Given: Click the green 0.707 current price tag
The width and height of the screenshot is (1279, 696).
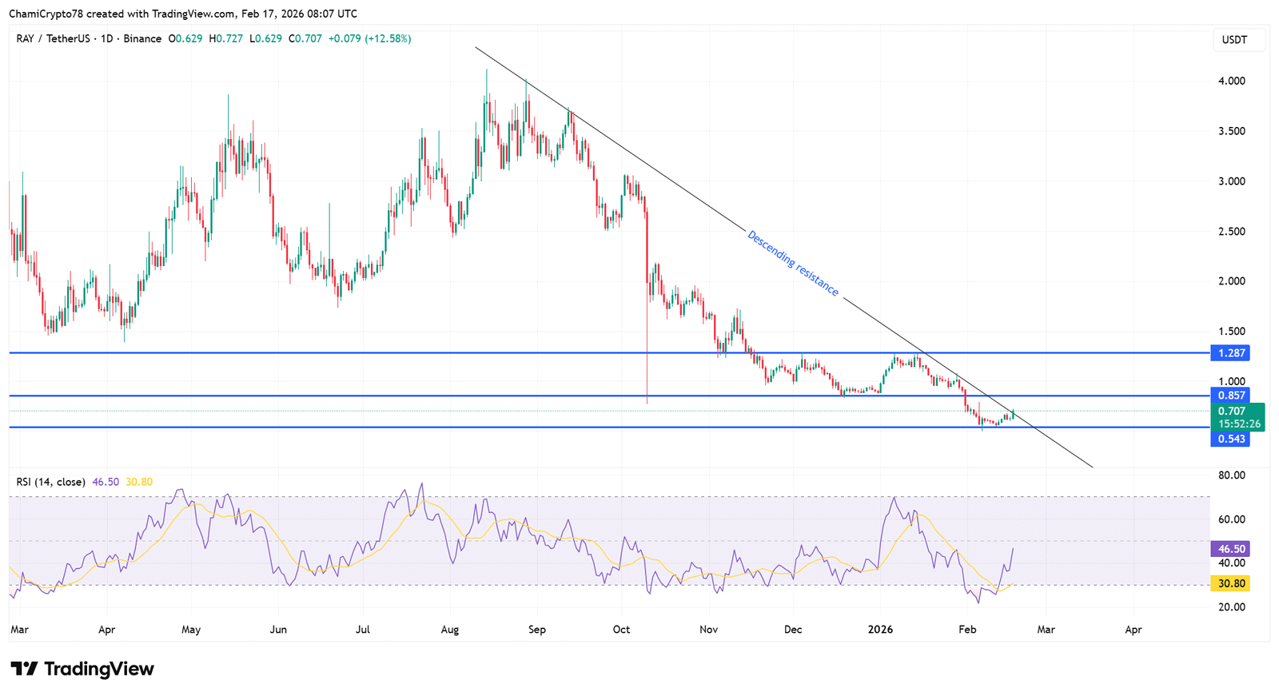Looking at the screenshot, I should pos(1232,411).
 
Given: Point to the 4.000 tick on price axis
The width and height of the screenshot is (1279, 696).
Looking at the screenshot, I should pos(1231,81).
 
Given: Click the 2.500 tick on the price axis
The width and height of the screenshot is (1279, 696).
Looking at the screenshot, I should pos(1231,231).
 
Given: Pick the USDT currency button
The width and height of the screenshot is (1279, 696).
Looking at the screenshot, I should pos(1234,39).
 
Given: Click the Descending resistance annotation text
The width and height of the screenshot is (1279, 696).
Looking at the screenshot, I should pos(792,263).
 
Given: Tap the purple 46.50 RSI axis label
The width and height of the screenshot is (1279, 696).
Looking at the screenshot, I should pos(1231,549).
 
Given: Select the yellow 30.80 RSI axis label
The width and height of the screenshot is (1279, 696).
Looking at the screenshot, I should pos(1231,583).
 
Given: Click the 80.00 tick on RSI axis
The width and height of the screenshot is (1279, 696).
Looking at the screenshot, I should pos(1231,475).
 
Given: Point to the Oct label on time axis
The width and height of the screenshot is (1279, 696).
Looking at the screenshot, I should pos(621,630).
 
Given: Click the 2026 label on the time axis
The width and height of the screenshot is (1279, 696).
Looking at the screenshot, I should pos(880,630).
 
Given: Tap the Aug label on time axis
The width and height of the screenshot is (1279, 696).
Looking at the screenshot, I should pos(450,630).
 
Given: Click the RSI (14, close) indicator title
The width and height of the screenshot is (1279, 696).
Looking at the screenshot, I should pos(50,482).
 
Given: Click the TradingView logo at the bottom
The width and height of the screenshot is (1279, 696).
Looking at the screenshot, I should pos(82,669).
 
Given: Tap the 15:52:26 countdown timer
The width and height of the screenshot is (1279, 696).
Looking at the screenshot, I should pos(1239,424).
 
